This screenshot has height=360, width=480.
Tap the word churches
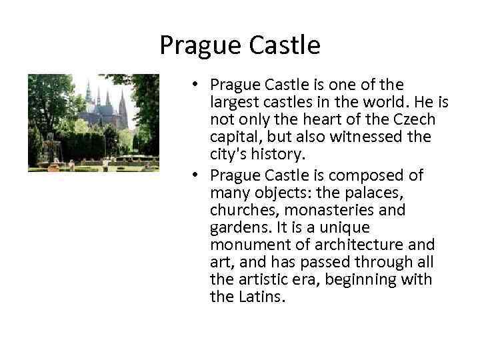[243, 210]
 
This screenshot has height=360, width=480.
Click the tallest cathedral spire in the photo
[89, 93]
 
